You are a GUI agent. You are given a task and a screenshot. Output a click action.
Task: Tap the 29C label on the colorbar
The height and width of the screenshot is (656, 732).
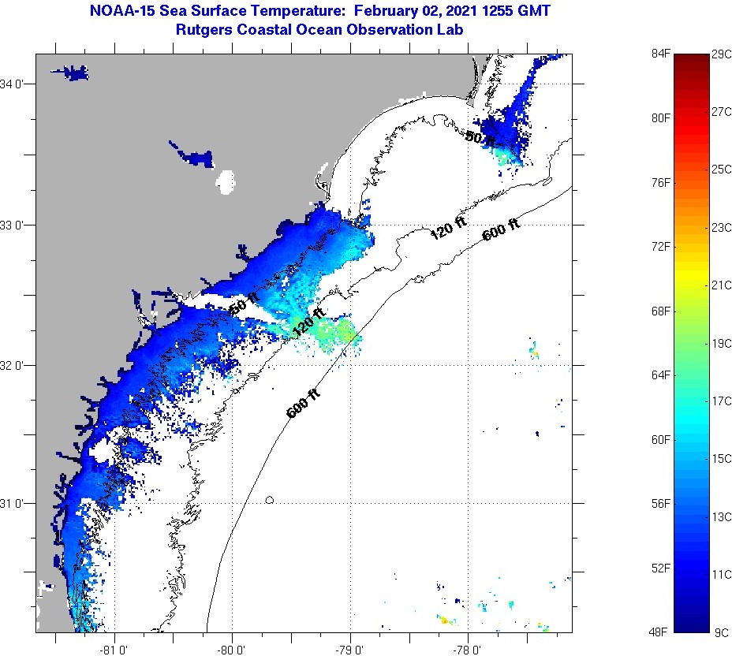[721, 54]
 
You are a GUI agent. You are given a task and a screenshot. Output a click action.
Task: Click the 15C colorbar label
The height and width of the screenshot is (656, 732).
[721, 459]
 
